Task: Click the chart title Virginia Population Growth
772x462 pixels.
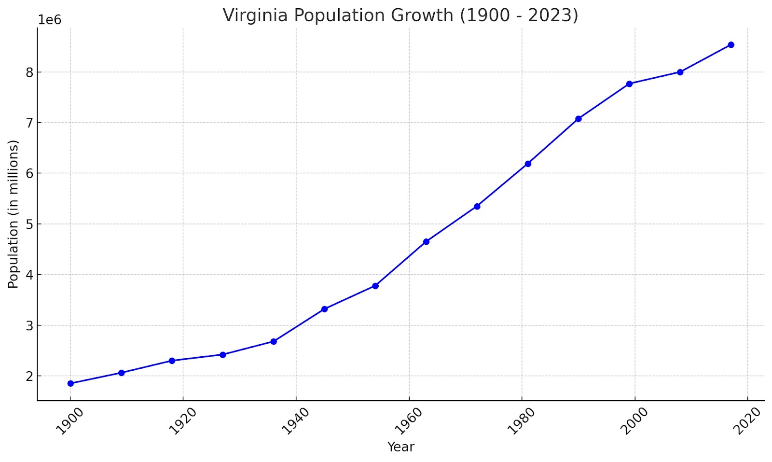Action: coord(400,15)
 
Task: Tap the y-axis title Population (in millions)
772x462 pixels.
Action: coord(14,214)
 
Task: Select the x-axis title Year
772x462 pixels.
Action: coord(400,447)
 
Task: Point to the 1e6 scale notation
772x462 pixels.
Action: coord(50,20)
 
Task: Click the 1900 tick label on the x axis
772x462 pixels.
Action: coord(69,421)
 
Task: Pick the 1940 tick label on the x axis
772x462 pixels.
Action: coord(295,421)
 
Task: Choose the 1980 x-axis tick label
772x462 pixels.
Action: coord(521,421)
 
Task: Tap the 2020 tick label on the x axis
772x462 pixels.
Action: coord(747,421)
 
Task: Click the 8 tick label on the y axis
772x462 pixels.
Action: coord(29,72)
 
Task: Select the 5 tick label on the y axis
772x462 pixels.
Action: coord(29,224)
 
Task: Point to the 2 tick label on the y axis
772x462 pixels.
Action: coord(29,376)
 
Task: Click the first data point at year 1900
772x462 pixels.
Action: coord(70,383)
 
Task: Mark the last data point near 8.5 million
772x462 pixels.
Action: coord(731,45)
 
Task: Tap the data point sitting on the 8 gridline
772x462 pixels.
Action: coord(680,72)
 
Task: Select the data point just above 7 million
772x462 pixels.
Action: coord(579,119)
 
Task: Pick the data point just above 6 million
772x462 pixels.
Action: coord(528,164)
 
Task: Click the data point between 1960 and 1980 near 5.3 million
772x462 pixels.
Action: coord(477,206)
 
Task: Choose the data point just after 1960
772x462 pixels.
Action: coord(426,241)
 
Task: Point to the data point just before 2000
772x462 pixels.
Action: coord(629,84)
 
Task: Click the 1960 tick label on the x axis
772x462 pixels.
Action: coord(408,421)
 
